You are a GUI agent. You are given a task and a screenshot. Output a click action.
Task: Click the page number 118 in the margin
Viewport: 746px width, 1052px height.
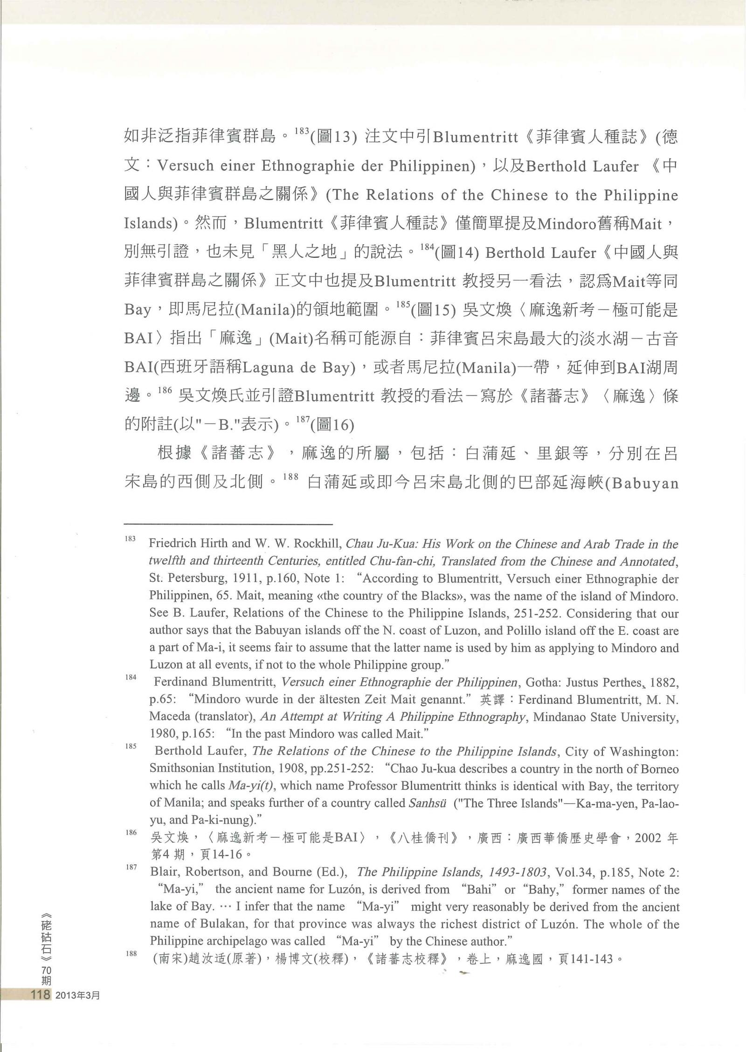coord(40,995)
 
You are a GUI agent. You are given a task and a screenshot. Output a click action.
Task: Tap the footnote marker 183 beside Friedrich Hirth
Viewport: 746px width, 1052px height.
coord(130,539)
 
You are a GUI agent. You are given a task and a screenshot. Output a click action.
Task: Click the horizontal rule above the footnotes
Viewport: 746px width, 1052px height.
coord(228,511)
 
